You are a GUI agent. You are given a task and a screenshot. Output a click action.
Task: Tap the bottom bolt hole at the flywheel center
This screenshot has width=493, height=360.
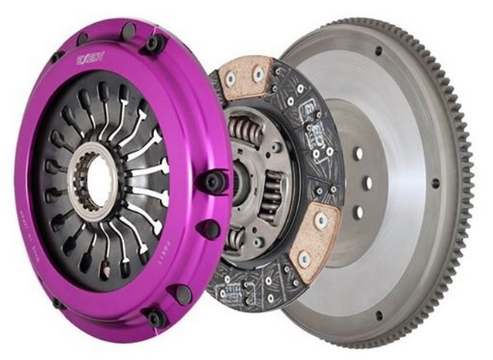[x=358, y=211]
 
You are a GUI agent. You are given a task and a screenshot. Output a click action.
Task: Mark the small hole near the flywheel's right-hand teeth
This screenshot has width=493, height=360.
[x=435, y=183]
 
